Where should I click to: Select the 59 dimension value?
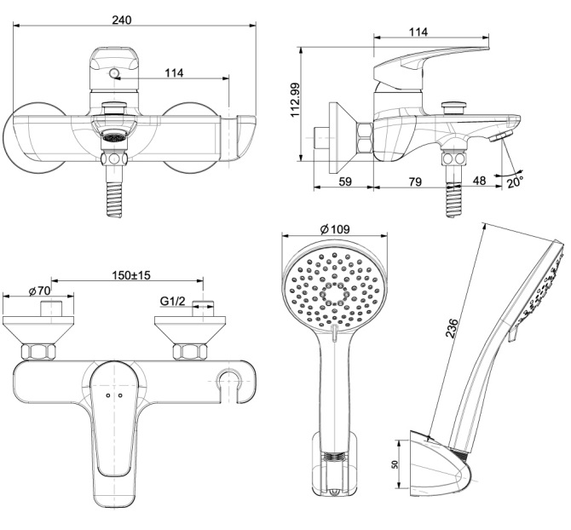pyautogui.click(x=345, y=181)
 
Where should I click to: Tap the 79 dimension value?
pyautogui.click(x=415, y=181)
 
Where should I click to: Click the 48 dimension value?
pyautogui.click(x=479, y=181)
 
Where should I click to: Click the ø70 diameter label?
pyautogui.click(x=40, y=291)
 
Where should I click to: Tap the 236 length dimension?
pyautogui.click(x=453, y=328)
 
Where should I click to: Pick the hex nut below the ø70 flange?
pyautogui.click(x=38, y=351)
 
